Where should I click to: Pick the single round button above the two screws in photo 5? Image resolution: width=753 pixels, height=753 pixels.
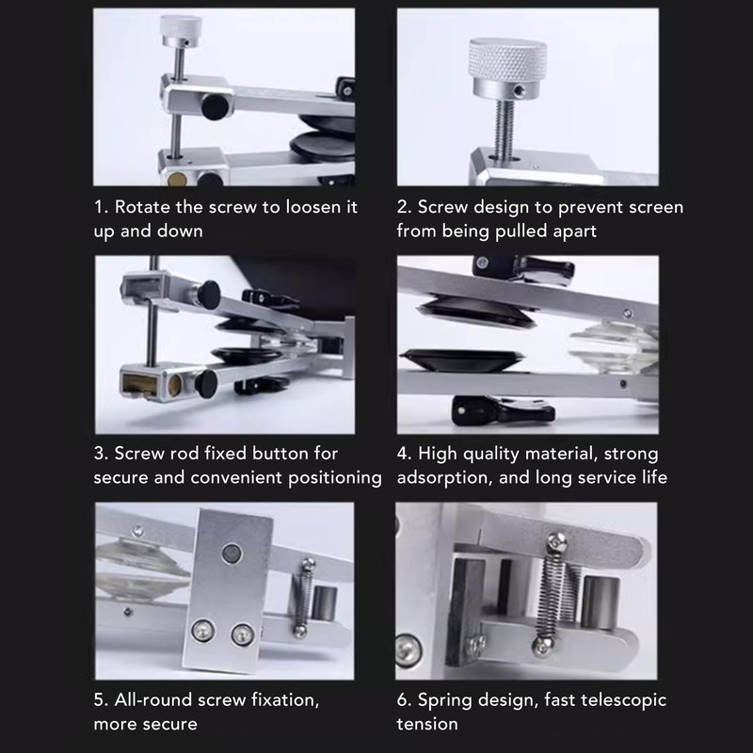pos(232,550)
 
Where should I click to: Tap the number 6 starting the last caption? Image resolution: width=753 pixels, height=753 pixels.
pos(402,700)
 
